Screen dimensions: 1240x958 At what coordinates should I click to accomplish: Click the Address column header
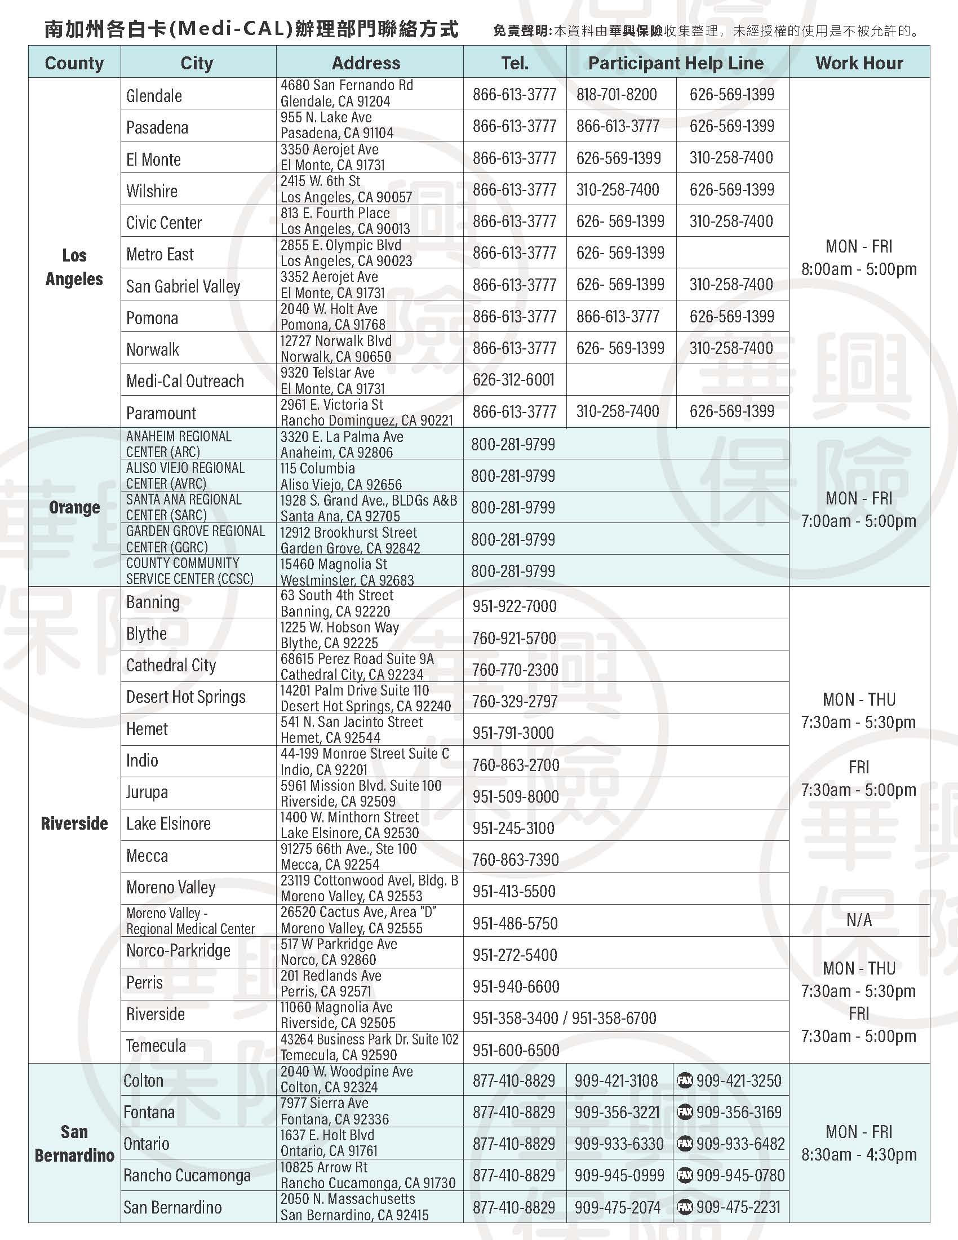(366, 63)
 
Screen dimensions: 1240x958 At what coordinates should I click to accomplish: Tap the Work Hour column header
(859, 63)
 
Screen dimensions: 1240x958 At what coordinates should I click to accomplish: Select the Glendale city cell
(154, 95)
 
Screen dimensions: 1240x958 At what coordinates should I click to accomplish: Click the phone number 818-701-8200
(617, 94)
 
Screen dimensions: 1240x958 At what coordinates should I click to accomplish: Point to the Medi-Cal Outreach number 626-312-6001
(513, 380)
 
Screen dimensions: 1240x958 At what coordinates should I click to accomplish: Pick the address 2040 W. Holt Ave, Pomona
(332, 317)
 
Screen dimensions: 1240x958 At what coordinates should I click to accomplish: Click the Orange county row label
(74, 507)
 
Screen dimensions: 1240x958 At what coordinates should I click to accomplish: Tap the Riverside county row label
(74, 823)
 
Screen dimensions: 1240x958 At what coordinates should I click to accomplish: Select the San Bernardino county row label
(74, 1144)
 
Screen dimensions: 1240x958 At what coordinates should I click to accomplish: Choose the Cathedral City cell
(171, 666)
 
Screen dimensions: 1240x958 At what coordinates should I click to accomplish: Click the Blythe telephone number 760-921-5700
(513, 638)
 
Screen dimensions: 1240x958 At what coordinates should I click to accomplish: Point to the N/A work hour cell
(859, 920)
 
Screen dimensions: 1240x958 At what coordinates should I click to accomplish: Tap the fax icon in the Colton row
(685, 1080)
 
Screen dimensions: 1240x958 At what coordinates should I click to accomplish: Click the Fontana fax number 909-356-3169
(738, 1112)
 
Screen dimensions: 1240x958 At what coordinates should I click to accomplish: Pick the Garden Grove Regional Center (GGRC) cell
(195, 539)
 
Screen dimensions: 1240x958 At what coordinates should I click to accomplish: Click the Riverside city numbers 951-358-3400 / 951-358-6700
(564, 1018)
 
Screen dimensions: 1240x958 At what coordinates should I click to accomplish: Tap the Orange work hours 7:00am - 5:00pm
(859, 521)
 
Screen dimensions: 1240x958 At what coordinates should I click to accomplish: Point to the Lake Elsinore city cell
(168, 824)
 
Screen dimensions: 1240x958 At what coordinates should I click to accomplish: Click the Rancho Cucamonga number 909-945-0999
(619, 1175)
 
